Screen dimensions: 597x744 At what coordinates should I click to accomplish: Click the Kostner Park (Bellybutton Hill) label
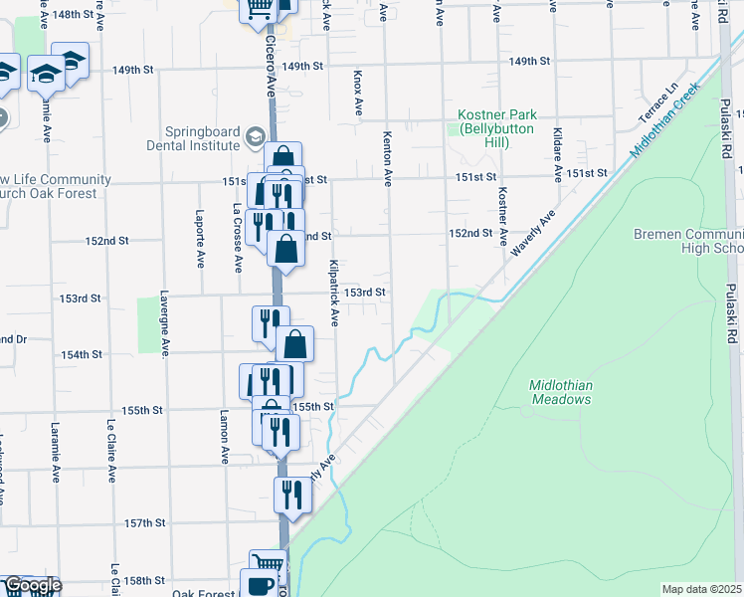coord(498,128)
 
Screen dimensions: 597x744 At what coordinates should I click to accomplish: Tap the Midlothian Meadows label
coord(562,392)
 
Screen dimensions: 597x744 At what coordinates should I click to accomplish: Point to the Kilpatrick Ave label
coord(334,294)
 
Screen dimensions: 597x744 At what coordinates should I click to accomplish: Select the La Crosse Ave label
coord(238,239)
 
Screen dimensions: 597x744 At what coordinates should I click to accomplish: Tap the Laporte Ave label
coord(200,239)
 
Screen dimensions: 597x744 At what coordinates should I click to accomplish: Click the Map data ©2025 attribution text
coord(701,589)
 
